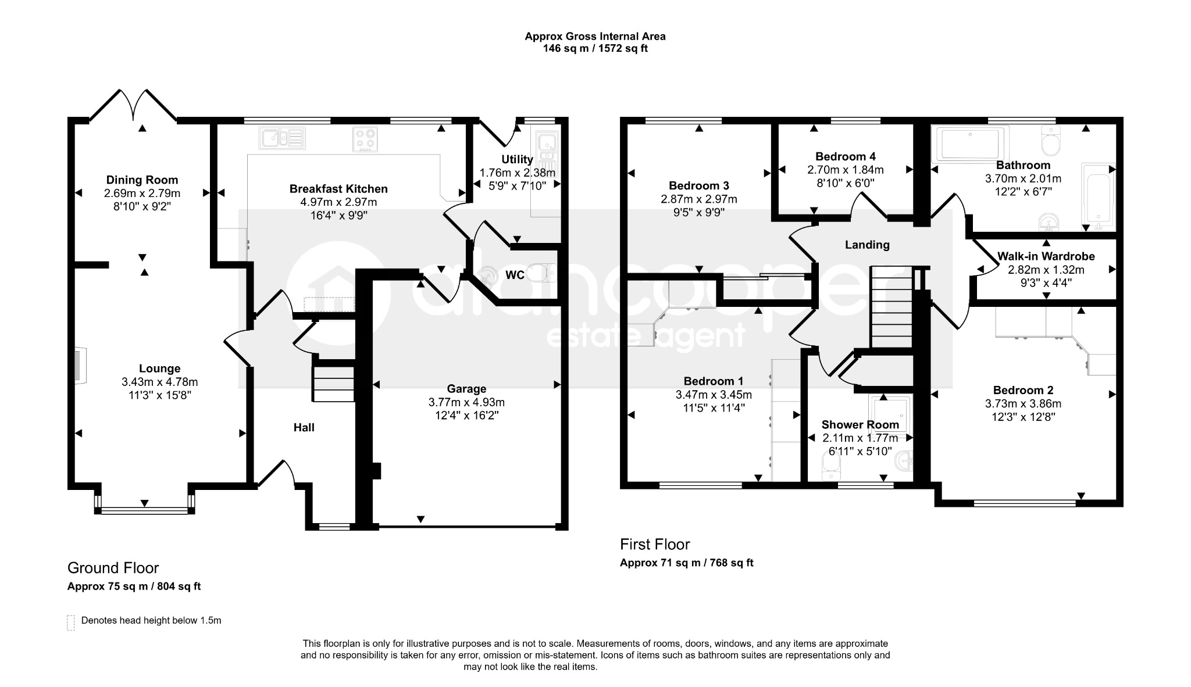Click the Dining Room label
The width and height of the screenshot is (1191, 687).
pyautogui.click(x=142, y=180)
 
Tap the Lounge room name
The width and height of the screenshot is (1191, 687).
pyautogui.click(x=159, y=368)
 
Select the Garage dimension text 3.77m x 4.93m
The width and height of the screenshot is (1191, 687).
pyautogui.click(x=466, y=402)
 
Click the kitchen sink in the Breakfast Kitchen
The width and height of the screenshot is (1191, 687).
pyautogui.click(x=283, y=138)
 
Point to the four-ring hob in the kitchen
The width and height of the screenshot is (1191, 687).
pyautogui.click(x=365, y=139)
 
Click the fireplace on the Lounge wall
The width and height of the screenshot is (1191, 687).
pyautogui.click(x=80, y=366)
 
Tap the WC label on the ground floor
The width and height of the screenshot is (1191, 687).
pyautogui.click(x=515, y=275)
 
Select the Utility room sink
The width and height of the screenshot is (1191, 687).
pyautogui.click(x=547, y=145)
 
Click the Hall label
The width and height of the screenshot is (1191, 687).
pyautogui.click(x=304, y=428)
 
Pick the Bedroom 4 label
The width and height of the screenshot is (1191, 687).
pyautogui.click(x=845, y=156)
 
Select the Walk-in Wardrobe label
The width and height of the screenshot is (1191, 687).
pyautogui.click(x=1046, y=256)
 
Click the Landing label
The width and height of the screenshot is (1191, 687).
pyautogui.click(x=867, y=245)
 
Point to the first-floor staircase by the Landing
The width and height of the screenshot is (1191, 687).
pyautogui.click(x=890, y=307)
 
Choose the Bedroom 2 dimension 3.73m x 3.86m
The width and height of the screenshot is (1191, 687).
pyautogui.click(x=1023, y=404)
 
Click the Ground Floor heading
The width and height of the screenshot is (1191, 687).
pyautogui.click(x=113, y=568)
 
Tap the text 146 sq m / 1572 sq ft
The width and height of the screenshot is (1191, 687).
pyautogui.click(x=595, y=49)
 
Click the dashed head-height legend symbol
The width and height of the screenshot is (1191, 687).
pyautogui.click(x=71, y=622)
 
